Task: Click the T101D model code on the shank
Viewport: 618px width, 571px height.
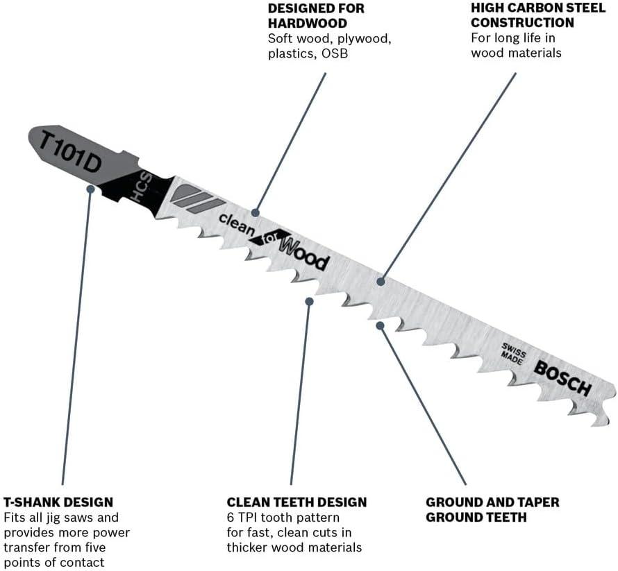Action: pyautogui.click(x=71, y=153)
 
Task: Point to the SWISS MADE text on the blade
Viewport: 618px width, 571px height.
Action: pyautogui.click(x=513, y=353)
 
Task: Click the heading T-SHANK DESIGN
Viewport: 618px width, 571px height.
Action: pyautogui.click(x=58, y=502)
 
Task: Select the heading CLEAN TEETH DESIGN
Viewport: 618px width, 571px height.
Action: pyautogui.click(x=297, y=502)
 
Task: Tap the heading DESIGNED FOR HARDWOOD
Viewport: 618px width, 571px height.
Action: pyautogui.click(x=316, y=15)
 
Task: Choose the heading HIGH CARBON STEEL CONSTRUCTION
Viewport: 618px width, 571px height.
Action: pyautogui.click(x=538, y=15)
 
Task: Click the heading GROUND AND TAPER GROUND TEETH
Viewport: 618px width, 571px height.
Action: pyautogui.click(x=492, y=509)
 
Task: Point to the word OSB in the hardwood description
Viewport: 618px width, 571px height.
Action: pyautogui.click(x=335, y=53)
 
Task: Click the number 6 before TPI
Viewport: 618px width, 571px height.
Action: pyautogui.click(x=231, y=518)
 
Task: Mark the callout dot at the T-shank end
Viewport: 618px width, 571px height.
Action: pyautogui.click(x=91, y=189)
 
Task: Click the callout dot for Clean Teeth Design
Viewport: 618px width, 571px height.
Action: pyautogui.click(x=310, y=301)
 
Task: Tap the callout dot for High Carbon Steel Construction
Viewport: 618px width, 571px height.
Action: pyautogui.click(x=381, y=282)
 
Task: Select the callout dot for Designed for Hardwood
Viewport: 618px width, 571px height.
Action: pyautogui.click(x=256, y=212)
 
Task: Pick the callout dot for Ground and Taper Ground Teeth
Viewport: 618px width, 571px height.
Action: pyautogui.click(x=380, y=325)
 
